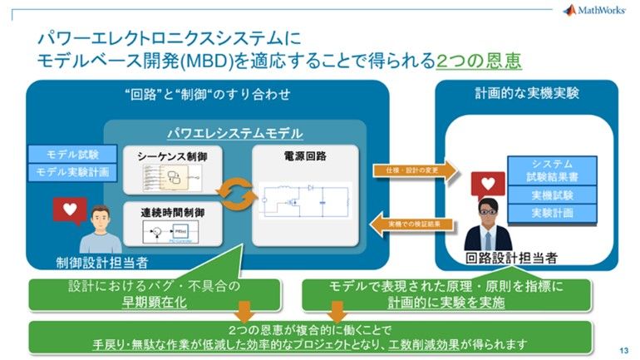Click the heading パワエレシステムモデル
(x=235, y=133)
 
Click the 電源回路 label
(x=304, y=155)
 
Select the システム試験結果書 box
(x=552, y=169)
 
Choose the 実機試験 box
(x=552, y=195)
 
